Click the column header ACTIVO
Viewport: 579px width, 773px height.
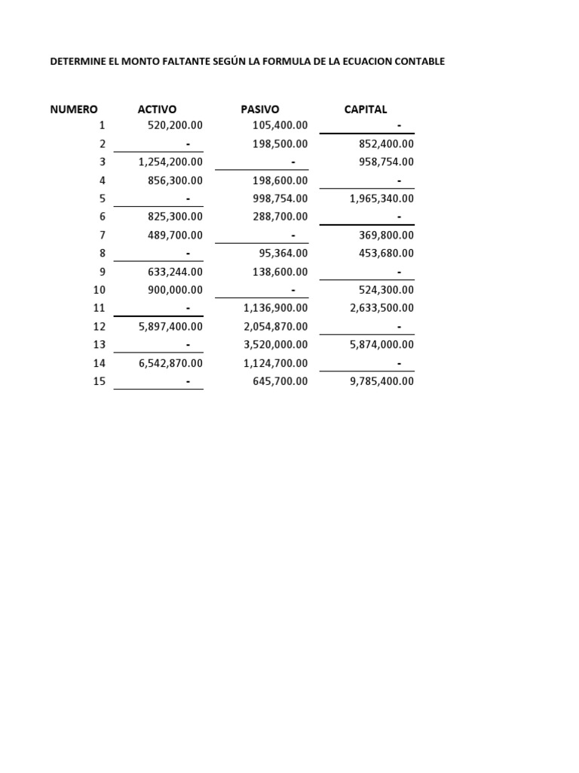coord(157,109)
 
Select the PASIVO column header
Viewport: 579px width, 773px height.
coord(260,109)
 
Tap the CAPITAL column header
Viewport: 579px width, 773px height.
coord(366,109)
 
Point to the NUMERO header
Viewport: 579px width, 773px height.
coord(74,109)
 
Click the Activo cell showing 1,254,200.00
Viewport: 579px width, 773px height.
coord(171,162)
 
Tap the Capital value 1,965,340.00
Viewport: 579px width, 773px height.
coord(381,199)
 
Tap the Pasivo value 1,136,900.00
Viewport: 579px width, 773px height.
coord(276,308)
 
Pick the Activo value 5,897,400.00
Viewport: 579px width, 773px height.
coord(171,327)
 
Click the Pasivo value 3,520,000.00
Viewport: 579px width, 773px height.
coord(276,345)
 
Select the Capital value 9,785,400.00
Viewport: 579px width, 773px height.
coord(381,382)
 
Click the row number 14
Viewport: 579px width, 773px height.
coord(100,363)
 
